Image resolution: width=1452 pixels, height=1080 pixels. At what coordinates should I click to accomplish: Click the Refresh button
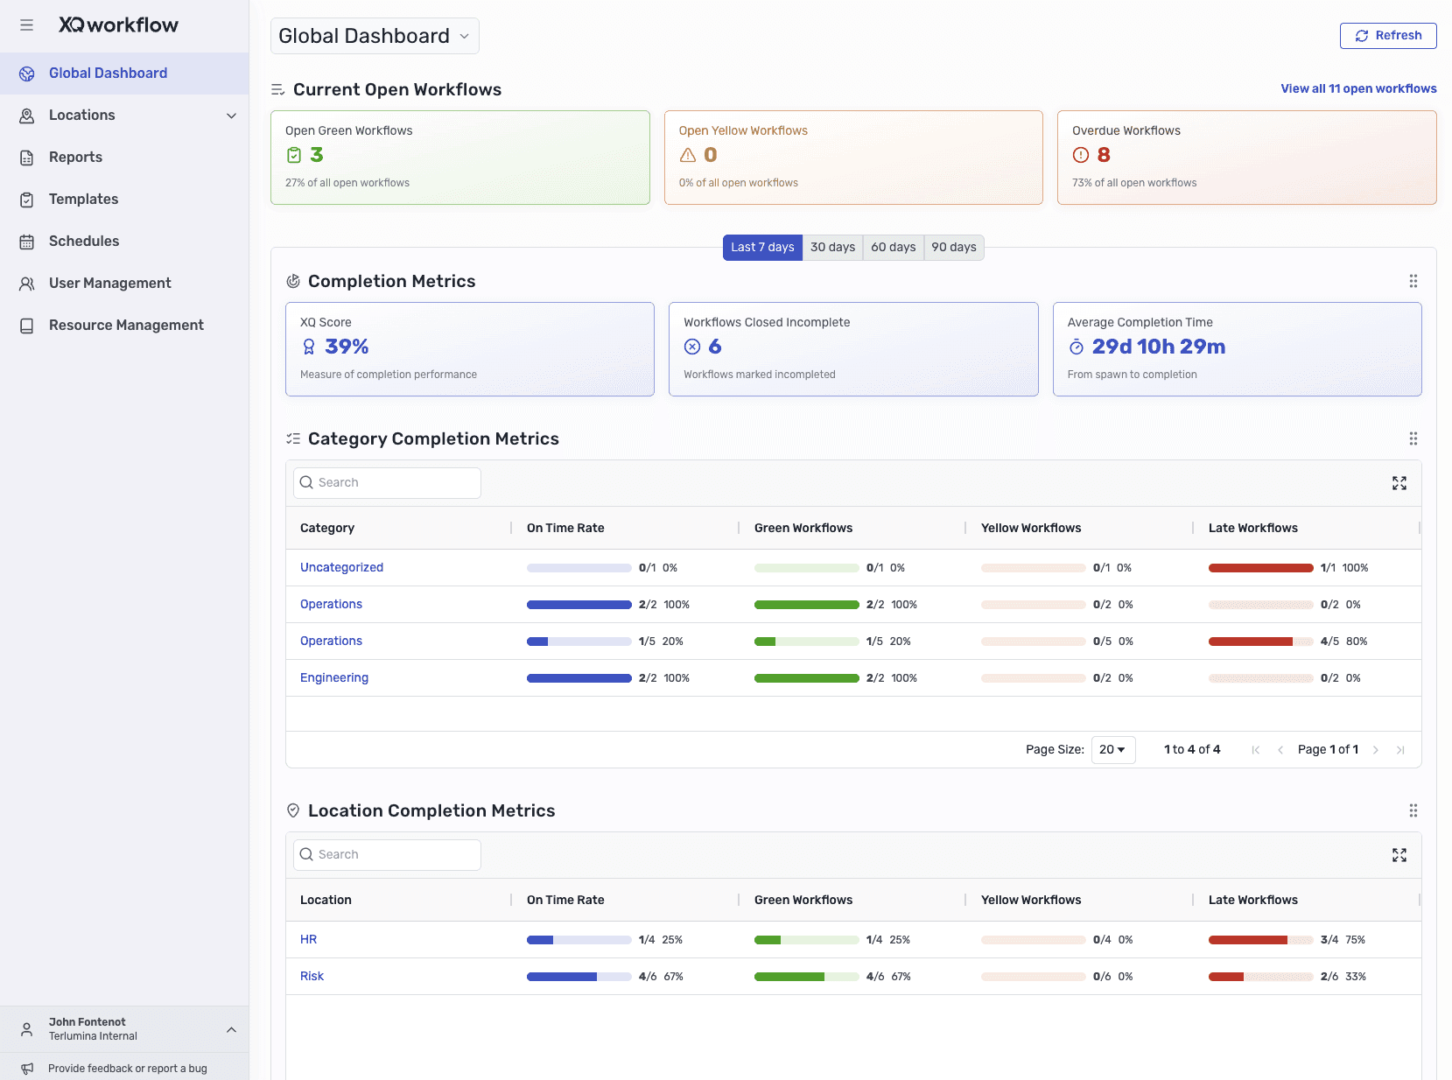tap(1388, 36)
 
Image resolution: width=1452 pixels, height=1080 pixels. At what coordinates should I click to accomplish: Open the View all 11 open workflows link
tap(1358, 88)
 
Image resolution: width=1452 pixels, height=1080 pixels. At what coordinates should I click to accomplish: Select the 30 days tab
tap(832, 248)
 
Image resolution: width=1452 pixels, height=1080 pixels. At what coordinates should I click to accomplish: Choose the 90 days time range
tap(953, 248)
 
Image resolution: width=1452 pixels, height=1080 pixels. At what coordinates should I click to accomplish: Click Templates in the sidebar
tap(83, 200)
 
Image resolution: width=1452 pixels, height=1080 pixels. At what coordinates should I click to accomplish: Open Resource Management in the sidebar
tap(126, 326)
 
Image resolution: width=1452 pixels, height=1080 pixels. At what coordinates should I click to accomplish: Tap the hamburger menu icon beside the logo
tap(27, 25)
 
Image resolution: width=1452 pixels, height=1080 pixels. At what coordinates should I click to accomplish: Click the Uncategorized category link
tap(341, 568)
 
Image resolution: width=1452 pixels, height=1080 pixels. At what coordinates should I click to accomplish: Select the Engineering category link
tap(333, 678)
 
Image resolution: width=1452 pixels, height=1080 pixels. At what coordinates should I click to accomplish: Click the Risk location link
tap(312, 977)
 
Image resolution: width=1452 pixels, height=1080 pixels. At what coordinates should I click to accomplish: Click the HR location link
tap(308, 940)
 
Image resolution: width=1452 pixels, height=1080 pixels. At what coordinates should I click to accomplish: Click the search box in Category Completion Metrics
tap(387, 483)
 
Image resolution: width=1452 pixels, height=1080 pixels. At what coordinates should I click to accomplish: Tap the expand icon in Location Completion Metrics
tap(1399, 855)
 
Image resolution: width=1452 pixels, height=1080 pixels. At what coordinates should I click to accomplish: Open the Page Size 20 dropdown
tap(1112, 750)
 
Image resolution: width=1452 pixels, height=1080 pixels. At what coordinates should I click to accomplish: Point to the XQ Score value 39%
tap(347, 347)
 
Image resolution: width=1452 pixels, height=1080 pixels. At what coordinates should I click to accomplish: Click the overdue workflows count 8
tap(1103, 156)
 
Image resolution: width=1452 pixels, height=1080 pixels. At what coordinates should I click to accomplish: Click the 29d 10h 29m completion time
tap(1158, 347)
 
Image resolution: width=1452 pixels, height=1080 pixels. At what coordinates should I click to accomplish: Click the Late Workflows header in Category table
tap(1252, 529)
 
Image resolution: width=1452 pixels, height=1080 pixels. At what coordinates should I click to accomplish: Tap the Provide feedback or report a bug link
tap(127, 1069)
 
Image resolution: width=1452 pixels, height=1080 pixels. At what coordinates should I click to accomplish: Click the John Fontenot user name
tap(88, 1022)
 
